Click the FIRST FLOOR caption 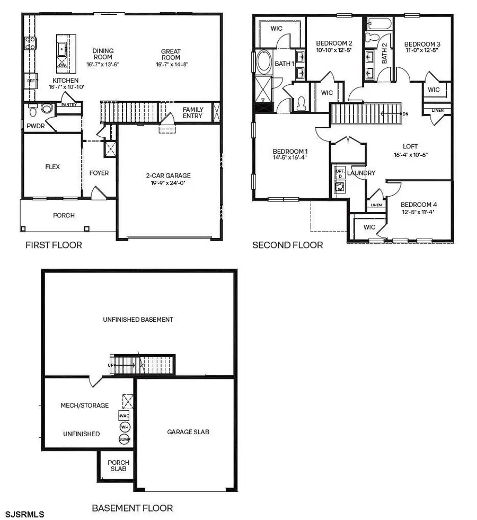54,245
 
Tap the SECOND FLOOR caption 287,245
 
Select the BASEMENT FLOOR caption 132,508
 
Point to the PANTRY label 69,104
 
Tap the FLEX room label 52,166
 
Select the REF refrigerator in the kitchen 30,81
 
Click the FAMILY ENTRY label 193,113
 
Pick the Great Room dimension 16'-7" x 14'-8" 171,64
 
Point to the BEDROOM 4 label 419,205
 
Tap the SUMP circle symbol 125,439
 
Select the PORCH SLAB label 118,466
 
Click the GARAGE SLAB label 188,431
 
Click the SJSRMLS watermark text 25,514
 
